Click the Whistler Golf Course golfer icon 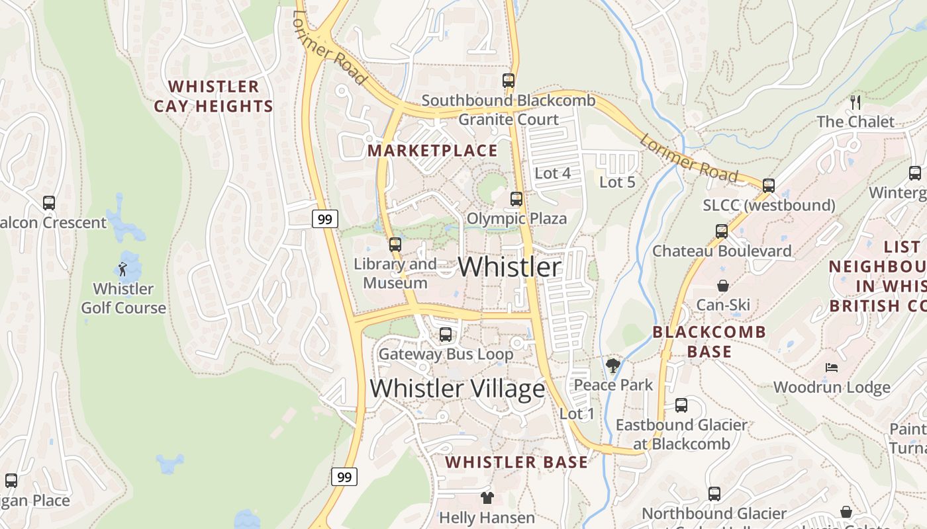pyautogui.click(x=122, y=268)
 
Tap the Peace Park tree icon pyautogui.click(x=613, y=365)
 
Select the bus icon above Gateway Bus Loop pyautogui.click(x=446, y=335)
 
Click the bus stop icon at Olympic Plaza pyautogui.click(x=516, y=198)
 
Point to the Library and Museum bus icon pyautogui.click(x=395, y=244)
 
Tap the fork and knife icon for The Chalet pyautogui.click(x=855, y=102)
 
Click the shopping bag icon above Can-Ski pyautogui.click(x=723, y=286)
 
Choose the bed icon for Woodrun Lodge pyautogui.click(x=832, y=368)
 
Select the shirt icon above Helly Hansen pyautogui.click(x=487, y=497)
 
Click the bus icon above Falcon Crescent pyautogui.click(x=49, y=203)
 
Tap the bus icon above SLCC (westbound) pyautogui.click(x=769, y=186)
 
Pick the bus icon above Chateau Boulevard pyautogui.click(x=722, y=231)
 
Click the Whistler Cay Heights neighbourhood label pyautogui.click(x=213, y=97)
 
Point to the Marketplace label pyautogui.click(x=432, y=151)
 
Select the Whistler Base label pyautogui.click(x=516, y=462)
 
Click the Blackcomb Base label pyautogui.click(x=709, y=341)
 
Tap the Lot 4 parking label pyautogui.click(x=552, y=173)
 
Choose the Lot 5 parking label pyautogui.click(x=617, y=182)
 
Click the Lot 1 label pyautogui.click(x=577, y=414)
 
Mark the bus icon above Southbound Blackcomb pyautogui.click(x=509, y=81)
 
